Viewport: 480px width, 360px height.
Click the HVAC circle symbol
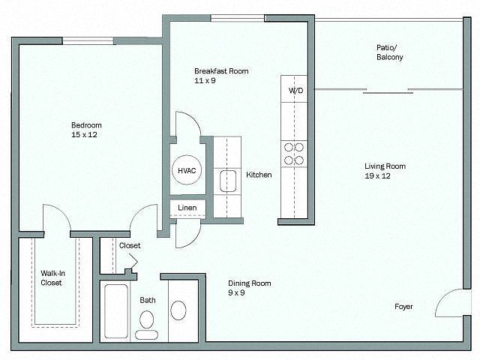click(x=187, y=170)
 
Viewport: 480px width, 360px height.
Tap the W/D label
click(x=295, y=90)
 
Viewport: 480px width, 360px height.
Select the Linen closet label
click(x=187, y=208)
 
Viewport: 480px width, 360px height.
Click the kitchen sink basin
click(x=228, y=181)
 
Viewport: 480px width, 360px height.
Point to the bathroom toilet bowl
click(x=147, y=319)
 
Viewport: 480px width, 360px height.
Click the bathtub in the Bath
click(x=116, y=311)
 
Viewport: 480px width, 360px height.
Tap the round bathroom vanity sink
click(x=178, y=310)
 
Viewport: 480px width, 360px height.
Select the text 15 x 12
click(x=84, y=135)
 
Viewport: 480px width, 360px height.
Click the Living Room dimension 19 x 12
click(x=377, y=176)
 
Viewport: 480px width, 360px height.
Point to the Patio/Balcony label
click(x=390, y=52)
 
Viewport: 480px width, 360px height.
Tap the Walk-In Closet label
click(x=52, y=278)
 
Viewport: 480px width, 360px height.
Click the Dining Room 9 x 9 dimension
click(x=236, y=293)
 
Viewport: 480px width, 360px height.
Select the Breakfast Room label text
click(x=221, y=71)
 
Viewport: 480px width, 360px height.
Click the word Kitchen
click(x=259, y=175)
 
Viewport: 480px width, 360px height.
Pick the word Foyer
click(x=403, y=307)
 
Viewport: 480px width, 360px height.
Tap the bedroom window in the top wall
click(x=88, y=40)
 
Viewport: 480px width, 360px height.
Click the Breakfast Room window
click(x=238, y=18)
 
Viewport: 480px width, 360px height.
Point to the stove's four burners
click(x=294, y=154)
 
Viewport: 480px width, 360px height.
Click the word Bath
click(x=148, y=300)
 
